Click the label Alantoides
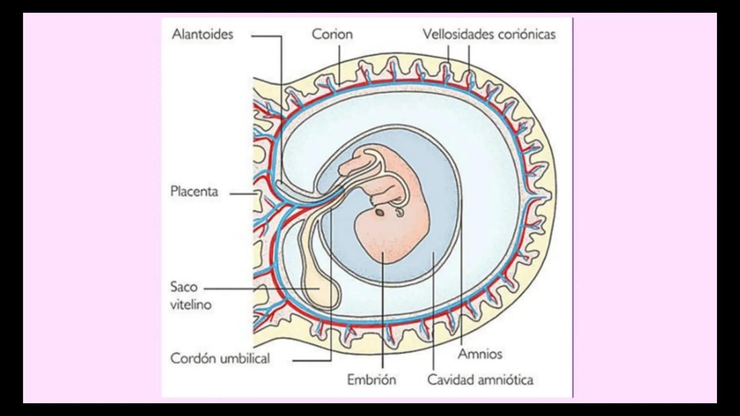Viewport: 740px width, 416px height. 203,34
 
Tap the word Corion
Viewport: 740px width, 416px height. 332,34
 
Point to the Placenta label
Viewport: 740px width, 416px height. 194,191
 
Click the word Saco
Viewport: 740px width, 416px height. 184,287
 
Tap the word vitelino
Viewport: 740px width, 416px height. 191,305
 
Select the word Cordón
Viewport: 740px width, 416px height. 193,359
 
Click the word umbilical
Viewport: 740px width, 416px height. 245,359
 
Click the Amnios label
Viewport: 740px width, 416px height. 480,354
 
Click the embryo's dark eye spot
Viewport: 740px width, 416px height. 380,212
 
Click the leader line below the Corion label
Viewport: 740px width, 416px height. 340,64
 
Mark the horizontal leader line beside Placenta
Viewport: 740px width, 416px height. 243,194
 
